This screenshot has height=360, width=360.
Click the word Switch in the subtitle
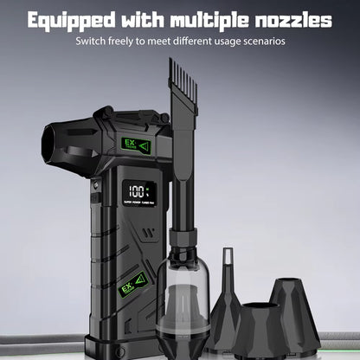click(x=93, y=42)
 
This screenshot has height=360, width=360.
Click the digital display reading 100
click(x=137, y=191)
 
